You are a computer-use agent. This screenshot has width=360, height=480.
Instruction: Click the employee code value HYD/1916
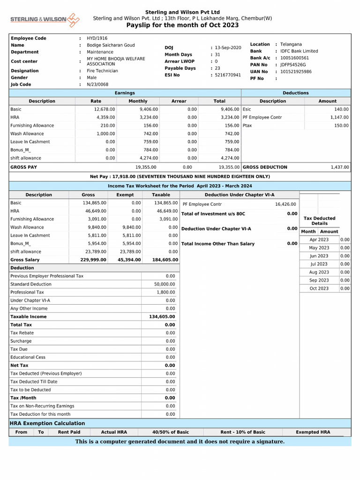(97, 38)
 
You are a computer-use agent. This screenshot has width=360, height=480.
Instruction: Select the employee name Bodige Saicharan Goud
(111, 45)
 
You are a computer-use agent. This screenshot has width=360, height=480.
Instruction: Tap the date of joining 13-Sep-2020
(228, 48)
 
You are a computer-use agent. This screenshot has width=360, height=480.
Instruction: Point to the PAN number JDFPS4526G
(293, 65)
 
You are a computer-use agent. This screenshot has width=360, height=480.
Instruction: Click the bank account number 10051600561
(294, 58)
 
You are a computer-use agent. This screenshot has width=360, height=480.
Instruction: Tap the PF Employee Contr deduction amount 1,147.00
(339, 117)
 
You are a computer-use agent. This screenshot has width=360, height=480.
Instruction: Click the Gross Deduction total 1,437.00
(339, 167)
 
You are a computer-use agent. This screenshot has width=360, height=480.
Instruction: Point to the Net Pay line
(180, 177)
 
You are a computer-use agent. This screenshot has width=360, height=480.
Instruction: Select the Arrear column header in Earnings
(179, 101)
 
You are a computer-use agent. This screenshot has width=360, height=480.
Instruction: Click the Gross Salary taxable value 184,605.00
(165, 260)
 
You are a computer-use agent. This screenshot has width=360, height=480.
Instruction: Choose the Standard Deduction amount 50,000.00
(165, 284)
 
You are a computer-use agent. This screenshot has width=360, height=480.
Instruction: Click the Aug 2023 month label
(319, 272)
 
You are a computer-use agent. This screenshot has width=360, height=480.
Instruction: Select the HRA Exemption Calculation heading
(47, 423)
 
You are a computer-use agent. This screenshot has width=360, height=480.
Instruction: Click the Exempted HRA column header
(313, 432)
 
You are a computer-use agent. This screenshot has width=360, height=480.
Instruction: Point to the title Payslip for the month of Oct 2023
(182, 25)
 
